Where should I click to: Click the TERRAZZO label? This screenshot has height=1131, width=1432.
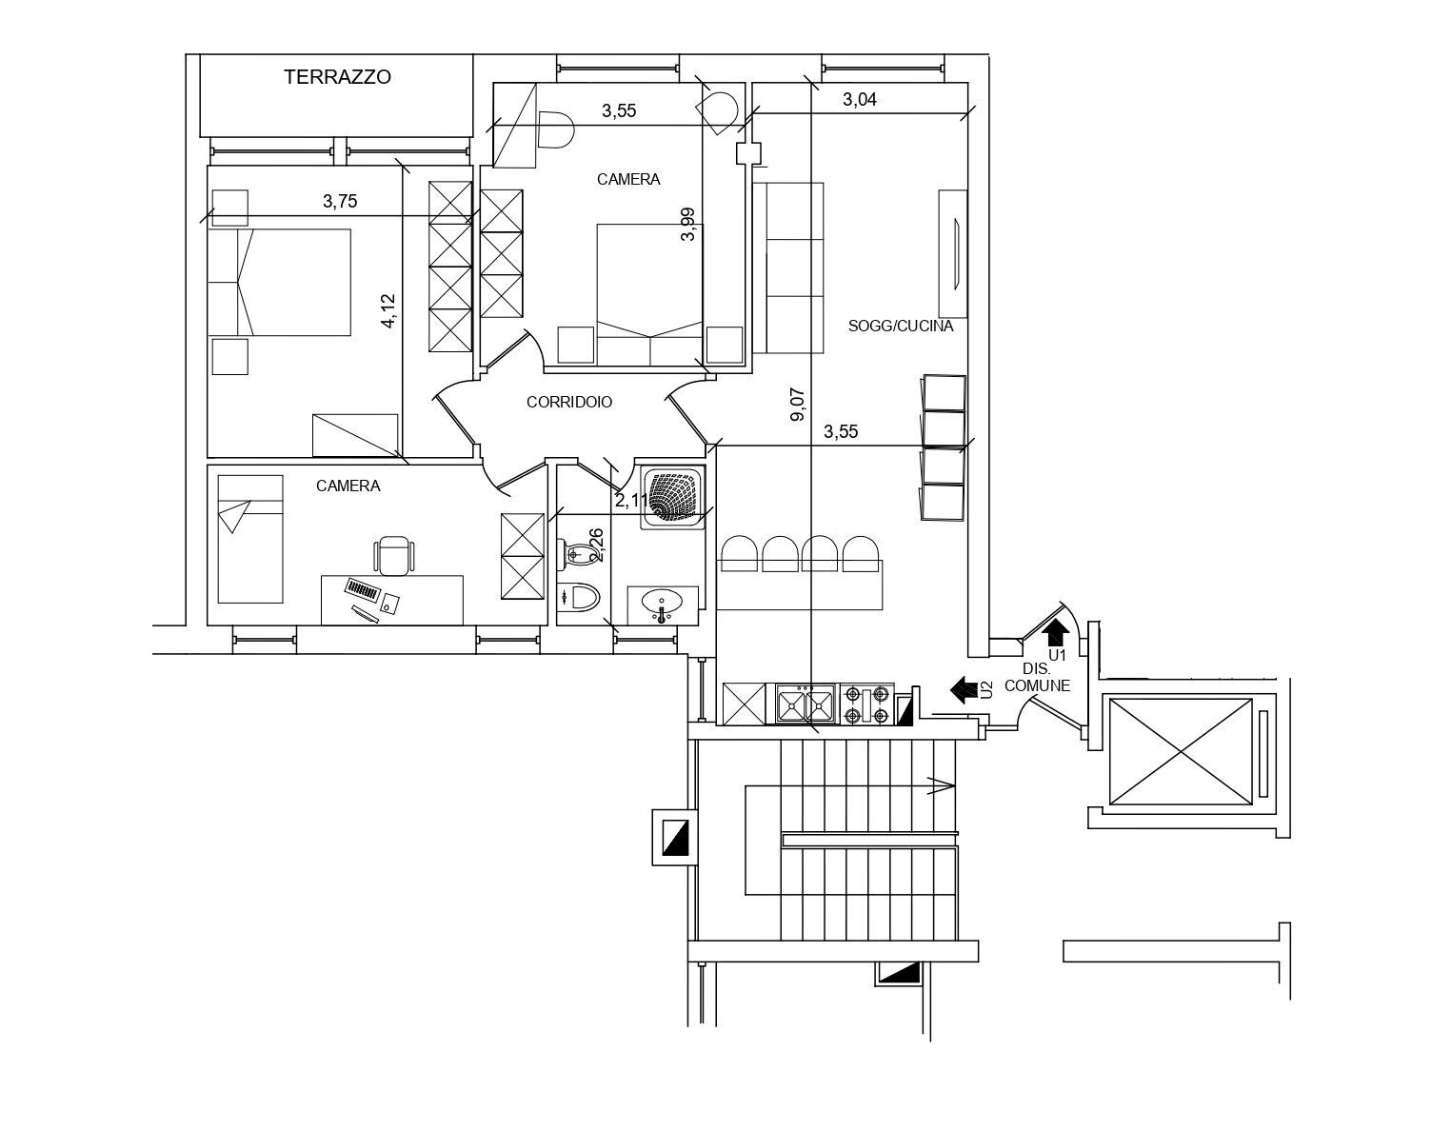tap(337, 78)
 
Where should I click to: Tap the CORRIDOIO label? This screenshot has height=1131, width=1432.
tap(569, 403)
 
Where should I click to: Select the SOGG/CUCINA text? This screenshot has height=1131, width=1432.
tap(900, 326)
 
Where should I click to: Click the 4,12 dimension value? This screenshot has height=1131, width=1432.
tap(388, 311)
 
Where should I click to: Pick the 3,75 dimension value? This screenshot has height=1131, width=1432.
tap(340, 201)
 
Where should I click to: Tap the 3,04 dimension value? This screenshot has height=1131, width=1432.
tap(860, 99)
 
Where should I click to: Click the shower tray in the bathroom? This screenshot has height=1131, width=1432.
tap(674, 495)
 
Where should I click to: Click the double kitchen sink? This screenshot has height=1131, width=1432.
tap(805, 704)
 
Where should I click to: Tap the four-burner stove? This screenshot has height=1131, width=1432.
tap(866, 704)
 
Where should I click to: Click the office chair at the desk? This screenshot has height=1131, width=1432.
tap(394, 555)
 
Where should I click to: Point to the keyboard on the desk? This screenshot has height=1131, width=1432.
tap(362, 588)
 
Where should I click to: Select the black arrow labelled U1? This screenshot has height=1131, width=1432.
tap(1056, 632)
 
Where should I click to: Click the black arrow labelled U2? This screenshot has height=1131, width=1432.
tap(965, 688)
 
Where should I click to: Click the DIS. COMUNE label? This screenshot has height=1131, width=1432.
tap(1037, 678)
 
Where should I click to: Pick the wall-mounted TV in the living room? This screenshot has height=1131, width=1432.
tap(954, 252)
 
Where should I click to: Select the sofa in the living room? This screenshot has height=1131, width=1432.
tap(788, 268)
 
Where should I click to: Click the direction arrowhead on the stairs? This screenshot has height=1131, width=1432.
tap(942, 785)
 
